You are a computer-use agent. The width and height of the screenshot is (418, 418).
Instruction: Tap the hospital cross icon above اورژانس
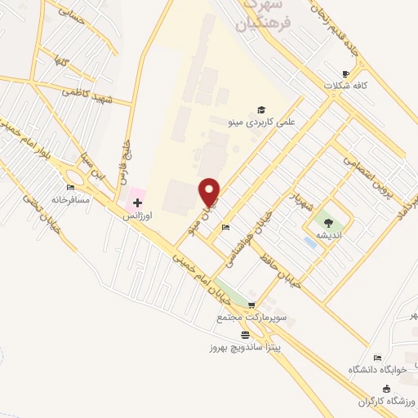[x=137, y=202]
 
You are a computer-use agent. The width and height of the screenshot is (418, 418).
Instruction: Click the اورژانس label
[x=136, y=217]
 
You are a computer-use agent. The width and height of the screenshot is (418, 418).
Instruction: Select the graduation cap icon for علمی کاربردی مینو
[x=261, y=110]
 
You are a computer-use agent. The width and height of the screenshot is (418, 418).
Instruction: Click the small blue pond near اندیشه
[x=310, y=242]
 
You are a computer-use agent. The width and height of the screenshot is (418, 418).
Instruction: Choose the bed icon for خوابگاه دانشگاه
[x=377, y=357]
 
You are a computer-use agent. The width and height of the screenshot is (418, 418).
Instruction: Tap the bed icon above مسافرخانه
[x=70, y=188]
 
